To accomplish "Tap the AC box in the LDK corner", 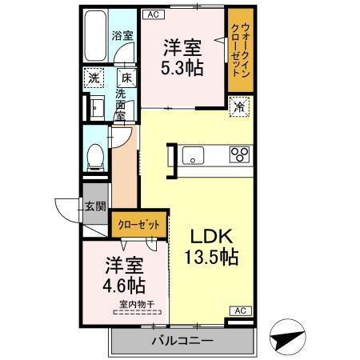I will (238, 310).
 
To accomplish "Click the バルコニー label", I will (182, 342).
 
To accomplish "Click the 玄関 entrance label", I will (95, 205).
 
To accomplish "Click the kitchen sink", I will (194, 154).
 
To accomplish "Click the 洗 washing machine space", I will (94, 79).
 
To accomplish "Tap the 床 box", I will (126, 78).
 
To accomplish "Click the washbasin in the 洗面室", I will (95, 106).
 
